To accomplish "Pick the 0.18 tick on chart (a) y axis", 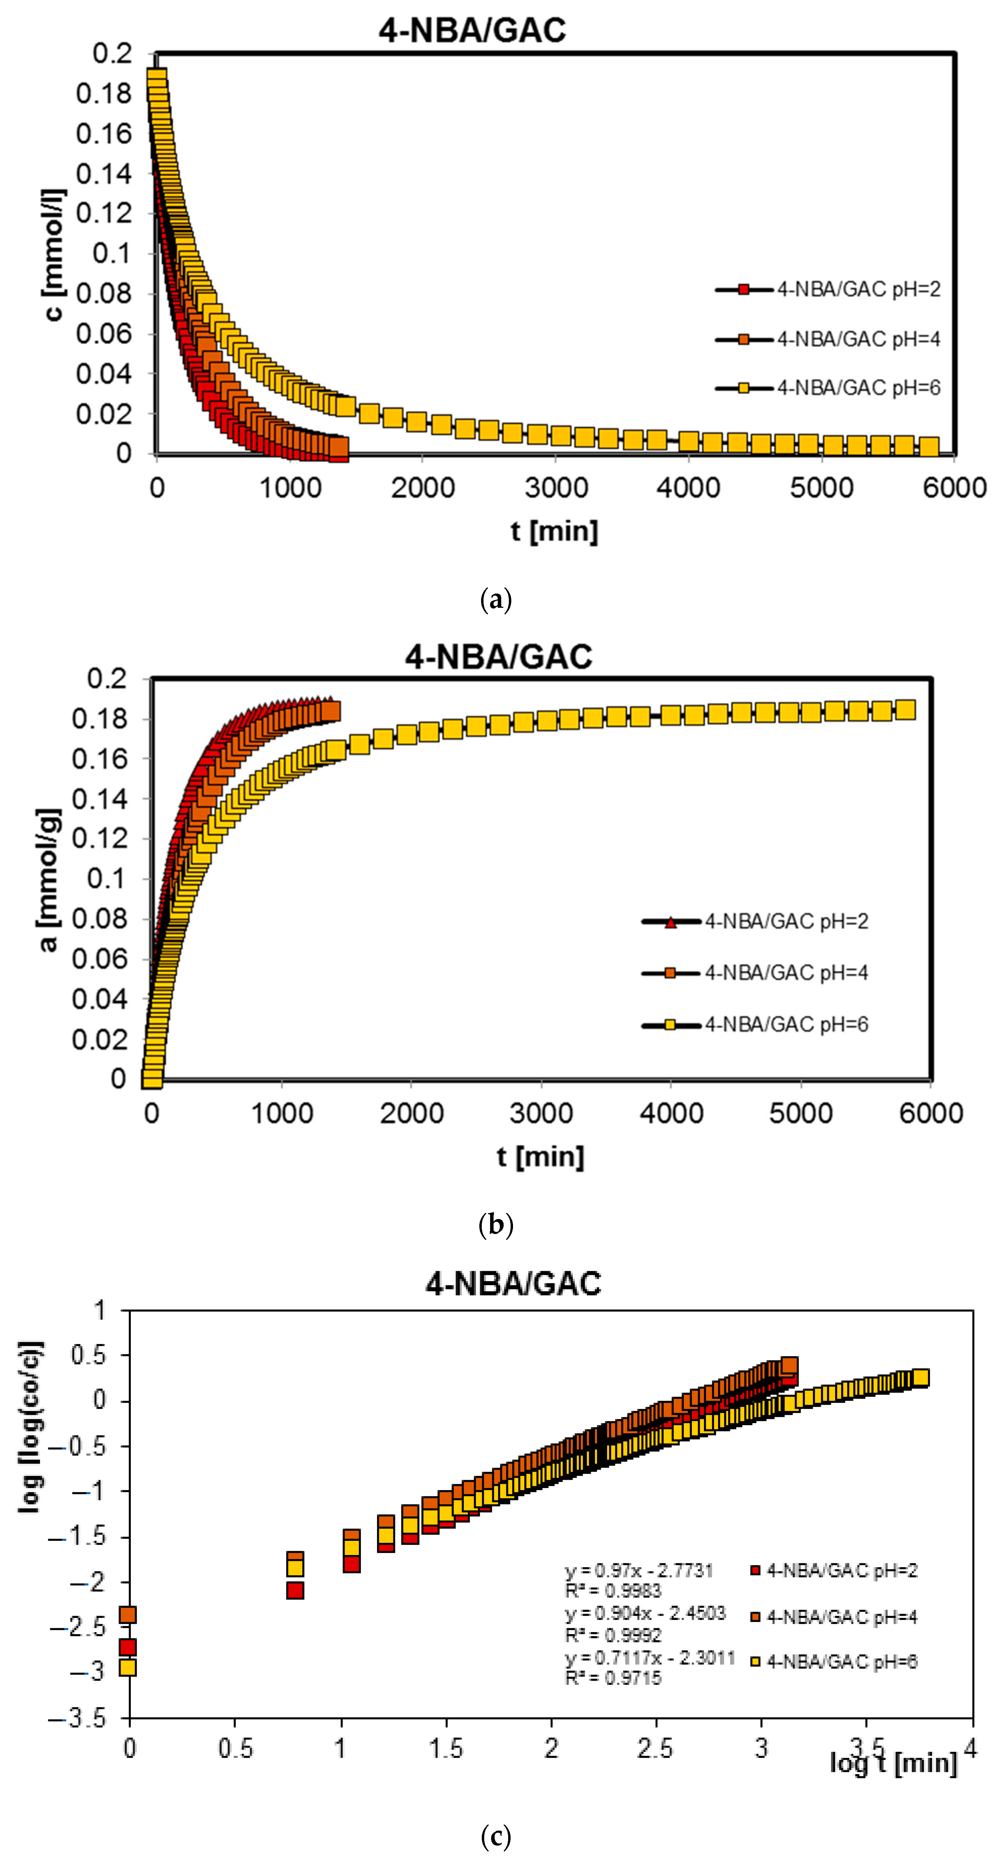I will tap(103, 93).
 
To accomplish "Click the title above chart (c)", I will tap(513, 1284).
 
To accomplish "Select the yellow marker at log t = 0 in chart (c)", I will tap(127, 1667).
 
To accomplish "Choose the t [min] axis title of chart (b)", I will tap(540, 1156).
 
